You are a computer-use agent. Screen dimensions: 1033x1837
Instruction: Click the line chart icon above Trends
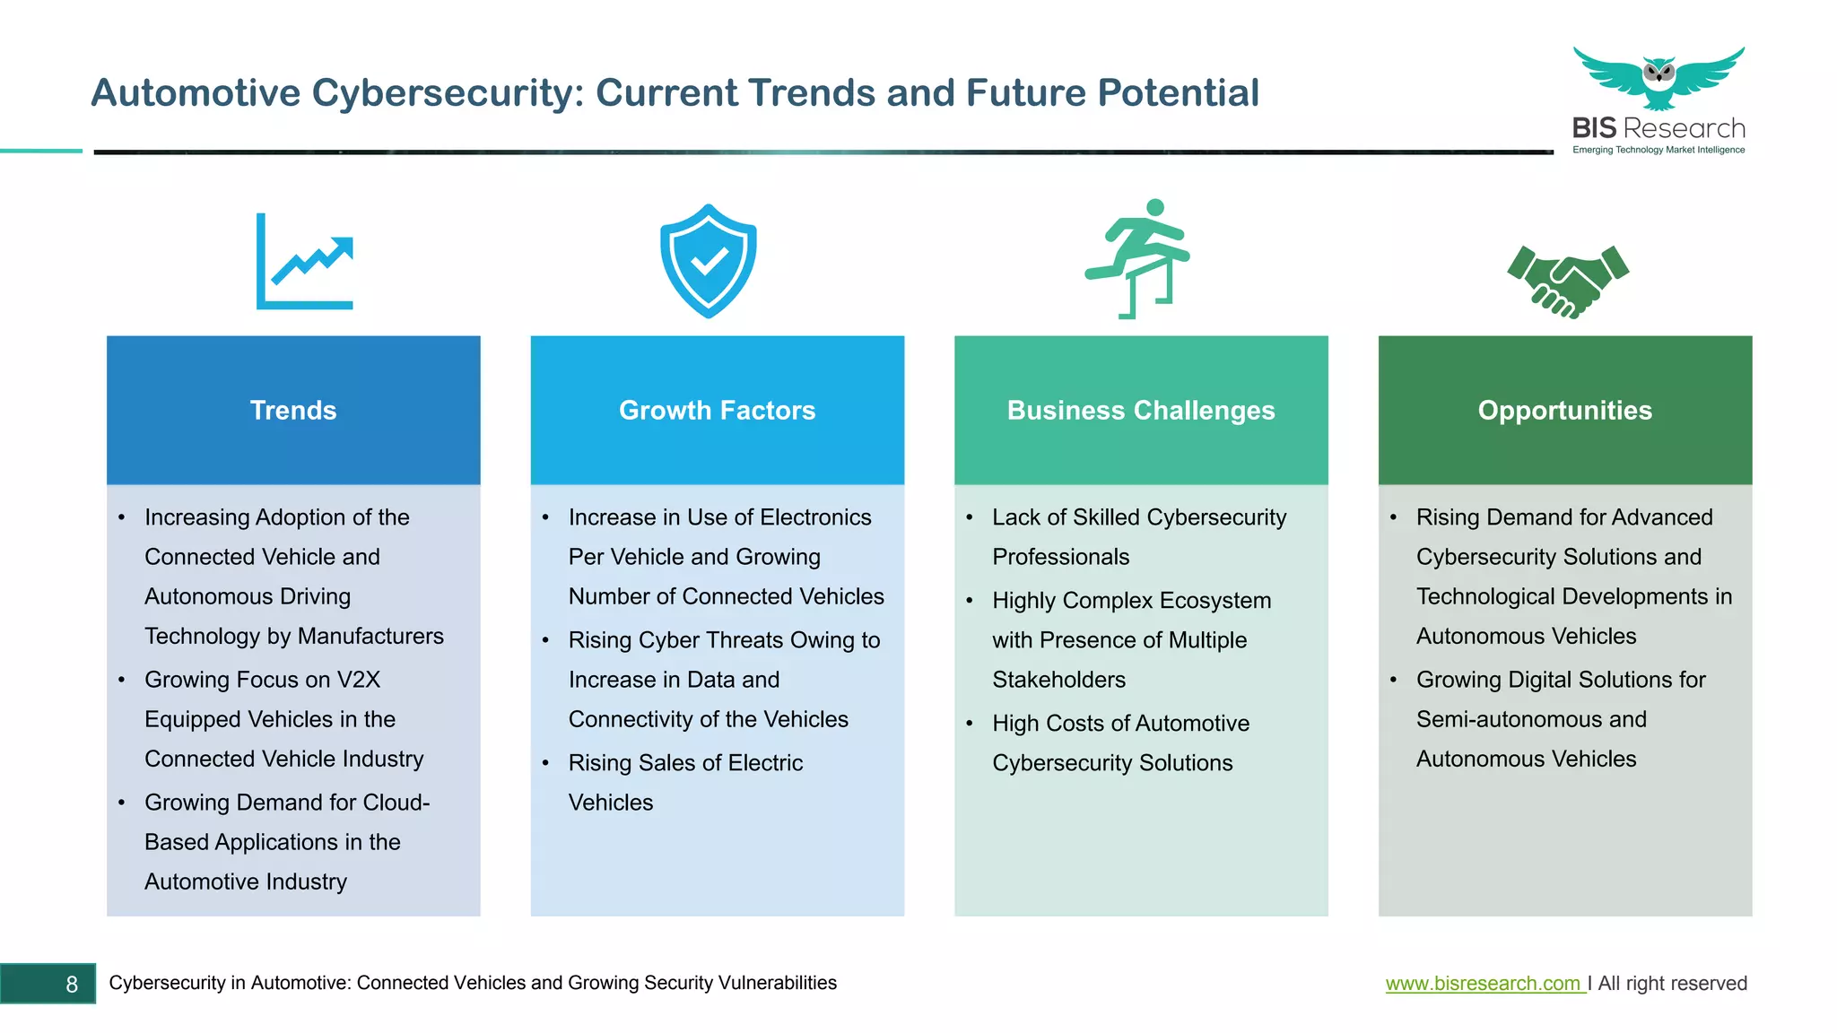[304, 262]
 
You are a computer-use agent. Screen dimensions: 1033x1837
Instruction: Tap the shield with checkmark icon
[708, 261]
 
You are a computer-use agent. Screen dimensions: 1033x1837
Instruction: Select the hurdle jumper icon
[1137, 259]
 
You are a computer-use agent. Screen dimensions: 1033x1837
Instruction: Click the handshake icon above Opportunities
[1568, 281]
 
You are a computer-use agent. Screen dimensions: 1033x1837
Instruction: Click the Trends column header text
[293, 411]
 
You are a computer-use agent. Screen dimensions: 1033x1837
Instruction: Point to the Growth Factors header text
[717, 411]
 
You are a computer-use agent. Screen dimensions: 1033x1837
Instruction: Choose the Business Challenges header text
[1140, 411]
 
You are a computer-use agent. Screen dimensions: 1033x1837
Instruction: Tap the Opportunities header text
[1564, 411]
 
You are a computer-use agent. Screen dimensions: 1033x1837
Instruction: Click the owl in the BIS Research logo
[1659, 75]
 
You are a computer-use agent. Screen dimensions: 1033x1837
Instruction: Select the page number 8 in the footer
[72, 985]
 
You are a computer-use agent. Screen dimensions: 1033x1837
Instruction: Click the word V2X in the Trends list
[358, 680]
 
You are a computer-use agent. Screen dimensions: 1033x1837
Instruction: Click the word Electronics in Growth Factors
[814, 517]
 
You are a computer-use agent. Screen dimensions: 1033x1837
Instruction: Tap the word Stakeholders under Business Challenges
[1058, 680]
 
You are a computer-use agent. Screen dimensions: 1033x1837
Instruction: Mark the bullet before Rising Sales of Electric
[545, 763]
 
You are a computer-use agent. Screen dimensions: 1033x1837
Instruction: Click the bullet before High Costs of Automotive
[970, 724]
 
